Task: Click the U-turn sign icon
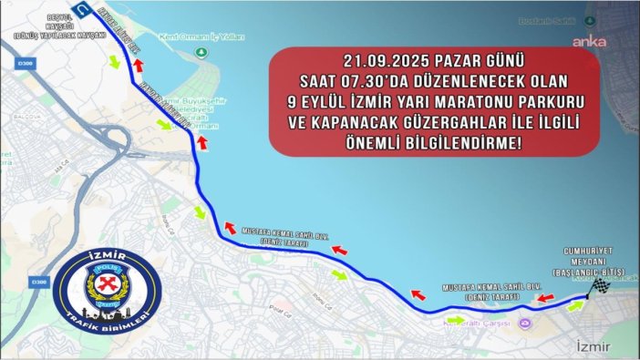click(84, 10)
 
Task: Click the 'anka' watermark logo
click(588, 40)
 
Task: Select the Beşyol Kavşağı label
click(36, 23)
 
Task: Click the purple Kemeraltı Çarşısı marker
click(523, 323)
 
